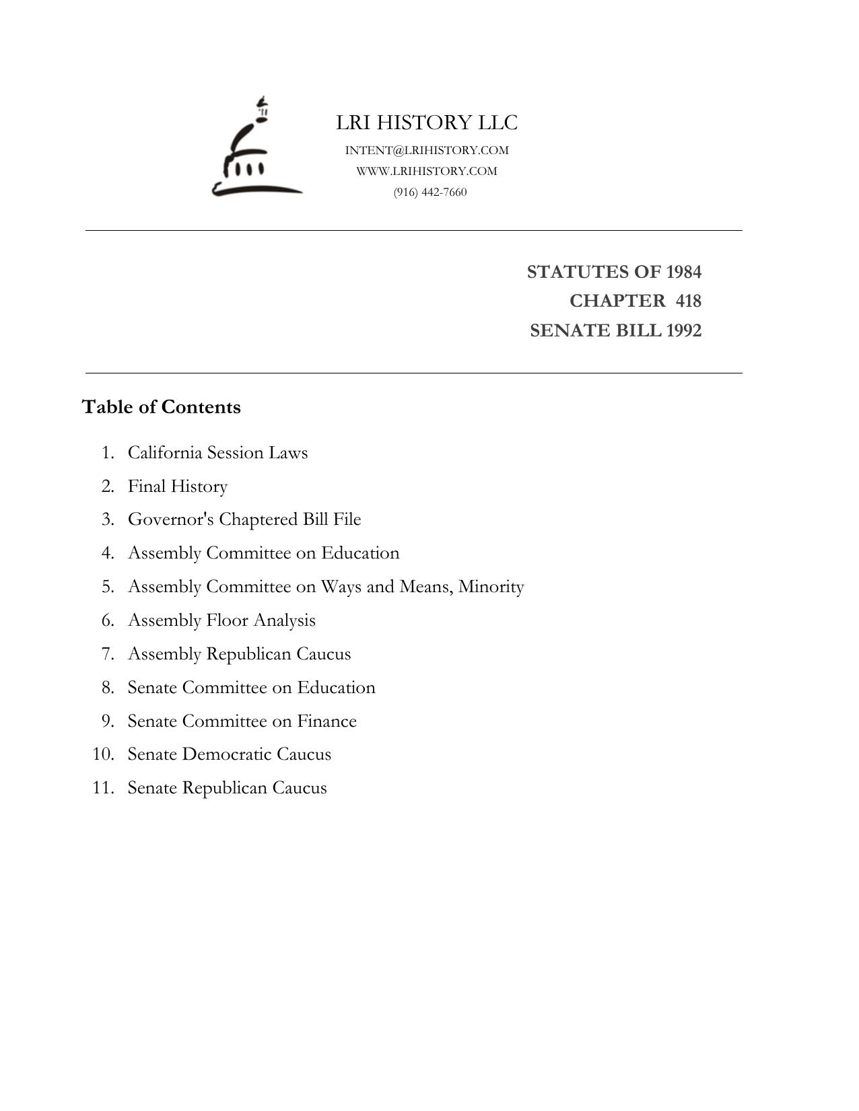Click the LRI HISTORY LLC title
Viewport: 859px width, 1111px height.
(x=427, y=122)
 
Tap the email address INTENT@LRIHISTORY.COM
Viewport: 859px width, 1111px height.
(x=427, y=150)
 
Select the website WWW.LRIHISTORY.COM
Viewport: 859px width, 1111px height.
(x=427, y=171)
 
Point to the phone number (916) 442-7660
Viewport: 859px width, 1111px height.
(x=430, y=192)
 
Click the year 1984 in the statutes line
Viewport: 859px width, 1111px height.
(x=683, y=272)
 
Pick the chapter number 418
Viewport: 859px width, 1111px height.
(x=688, y=301)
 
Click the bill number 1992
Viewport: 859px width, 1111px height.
(x=683, y=330)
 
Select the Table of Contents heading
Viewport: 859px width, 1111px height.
(x=161, y=407)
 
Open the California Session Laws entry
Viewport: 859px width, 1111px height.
(x=217, y=452)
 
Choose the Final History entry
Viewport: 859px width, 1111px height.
(x=178, y=486)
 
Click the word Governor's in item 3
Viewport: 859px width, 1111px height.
(x=171, y=519)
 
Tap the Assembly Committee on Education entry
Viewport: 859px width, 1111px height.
(x=263, y=553)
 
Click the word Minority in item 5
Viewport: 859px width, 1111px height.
(x=491, y=587)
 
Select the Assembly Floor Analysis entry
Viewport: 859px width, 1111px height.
(x=221, y=620)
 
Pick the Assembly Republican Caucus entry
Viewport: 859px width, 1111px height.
(x=239, y=654)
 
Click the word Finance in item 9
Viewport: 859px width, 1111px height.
(x=327, y=721)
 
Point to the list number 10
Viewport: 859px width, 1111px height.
(x=103, y=754)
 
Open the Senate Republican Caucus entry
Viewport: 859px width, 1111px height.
(x=227, y=788)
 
